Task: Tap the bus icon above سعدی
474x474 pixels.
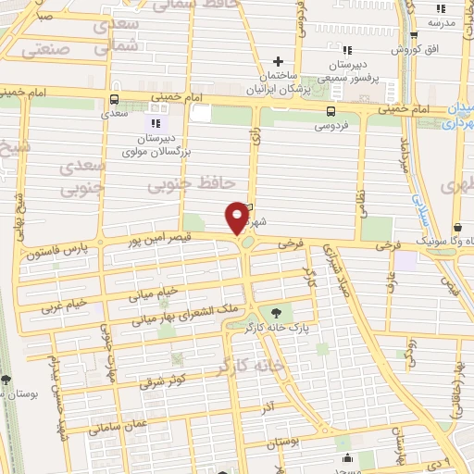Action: pos(114,100)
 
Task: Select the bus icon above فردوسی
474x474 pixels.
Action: pos(331,110)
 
